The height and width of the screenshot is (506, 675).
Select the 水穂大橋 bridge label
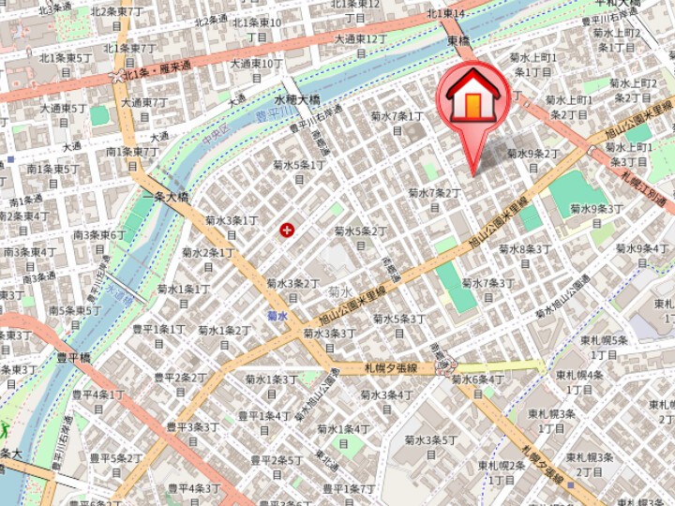click(297, 99)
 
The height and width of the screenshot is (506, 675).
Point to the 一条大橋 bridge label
click(165, 197)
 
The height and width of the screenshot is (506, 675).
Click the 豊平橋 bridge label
click(73, 357)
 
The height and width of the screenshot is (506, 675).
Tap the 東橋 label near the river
click(458, 41)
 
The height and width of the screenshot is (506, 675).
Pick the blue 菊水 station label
click(277, 316)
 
